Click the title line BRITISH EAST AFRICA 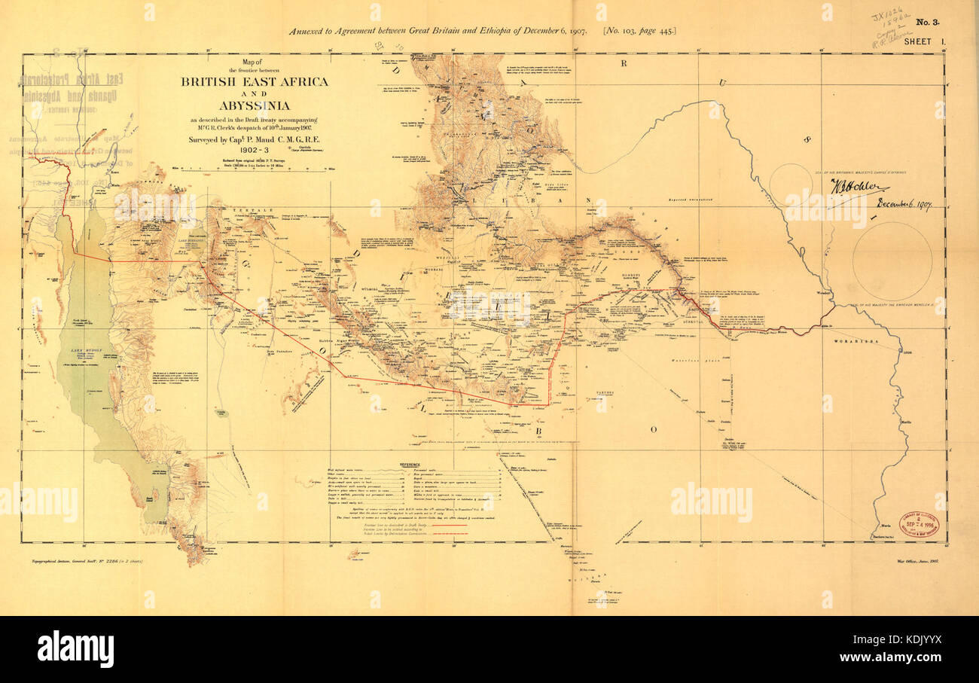[254, 81]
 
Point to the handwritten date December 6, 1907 [903, 204]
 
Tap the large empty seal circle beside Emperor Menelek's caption [892, 261]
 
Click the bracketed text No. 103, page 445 [639, 31]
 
